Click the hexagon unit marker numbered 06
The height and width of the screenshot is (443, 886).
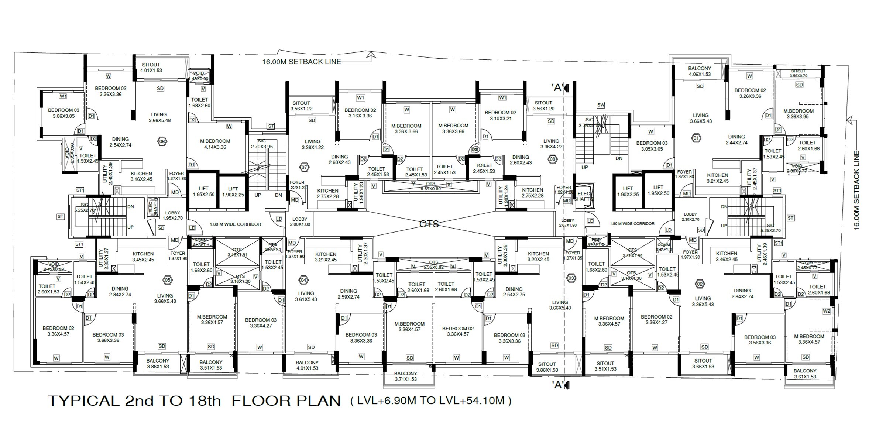pyautogui.click(x=162, y=141)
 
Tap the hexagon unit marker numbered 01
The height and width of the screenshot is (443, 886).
pyautogui.click(x=696, y=139)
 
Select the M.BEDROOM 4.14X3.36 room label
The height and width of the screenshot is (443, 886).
pyautogui.click(x=215, y=144)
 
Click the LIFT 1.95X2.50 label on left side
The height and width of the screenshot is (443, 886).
pyautogui.click(x=203, y=191)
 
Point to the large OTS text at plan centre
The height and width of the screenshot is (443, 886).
pyautogui.click(x=429, y=224)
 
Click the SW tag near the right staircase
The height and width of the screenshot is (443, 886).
pyautogui.click(x=601, y=105)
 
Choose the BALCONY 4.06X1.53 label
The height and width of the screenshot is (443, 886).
pyautogui.click(x=700, y=71)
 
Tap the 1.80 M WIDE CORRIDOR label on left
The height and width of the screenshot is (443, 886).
pyautogui.click(x=235, y=224)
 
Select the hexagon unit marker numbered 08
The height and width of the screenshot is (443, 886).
pyautogui.click(x=553, y=159)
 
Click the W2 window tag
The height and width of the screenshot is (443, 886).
pyautogui.click(x=826, y=311)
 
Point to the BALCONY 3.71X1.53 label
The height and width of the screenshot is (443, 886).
pyautogui.click(x=405, y=376)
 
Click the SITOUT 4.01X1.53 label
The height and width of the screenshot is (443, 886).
pyautogui.click(x=151, y=68)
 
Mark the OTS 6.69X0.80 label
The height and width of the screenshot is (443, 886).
pyautogui.click(x=430, y=186)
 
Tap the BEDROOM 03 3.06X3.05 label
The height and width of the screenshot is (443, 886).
pyautogui.click(x=63, y=113)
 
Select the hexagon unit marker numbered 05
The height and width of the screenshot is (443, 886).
pyautogui.click(x=168, y=280)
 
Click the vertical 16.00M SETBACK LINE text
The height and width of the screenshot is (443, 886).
pyautogui.click(x=856, y=190)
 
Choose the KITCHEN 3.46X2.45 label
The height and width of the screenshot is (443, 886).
pyautogui.click(x=727, y=256)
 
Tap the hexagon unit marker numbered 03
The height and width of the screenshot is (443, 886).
pyautogui.click(x=571, y=278)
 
